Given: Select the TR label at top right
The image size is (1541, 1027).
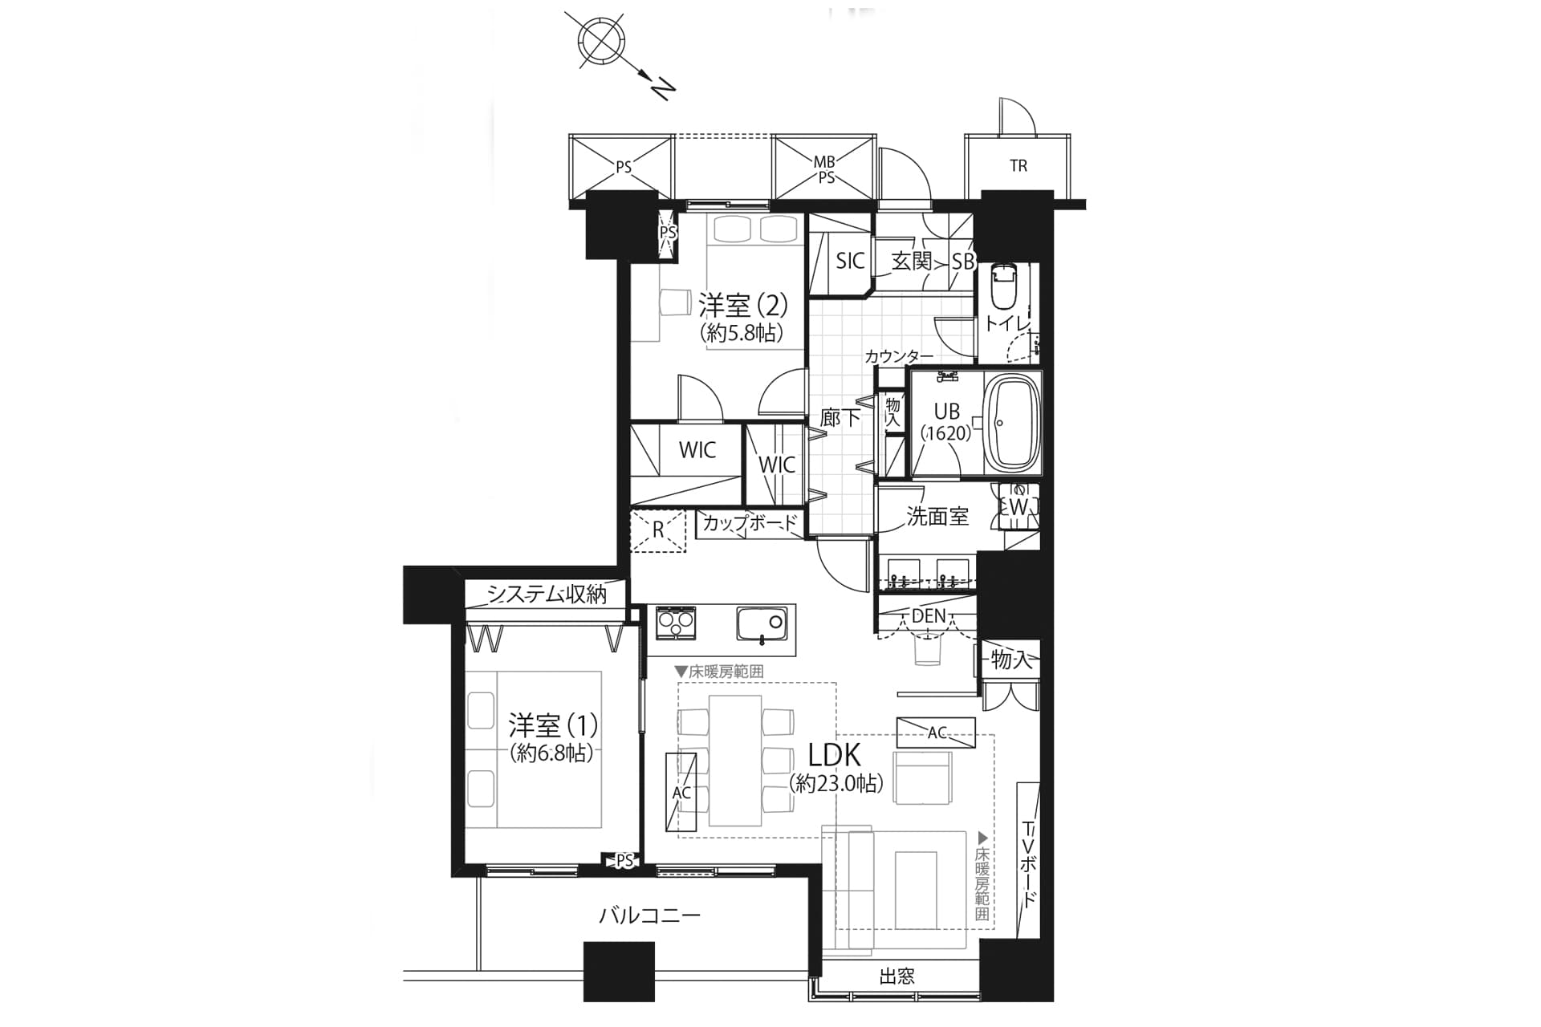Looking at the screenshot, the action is [x=1019, y=166].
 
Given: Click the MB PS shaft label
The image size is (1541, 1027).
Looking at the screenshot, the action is [x=825, y=170].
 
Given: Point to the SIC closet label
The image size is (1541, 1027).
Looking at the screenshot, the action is [x=850, y=260].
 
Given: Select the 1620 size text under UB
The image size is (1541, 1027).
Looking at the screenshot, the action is [x=946, y=433].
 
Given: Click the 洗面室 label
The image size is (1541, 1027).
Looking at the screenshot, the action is [x=937, y=517].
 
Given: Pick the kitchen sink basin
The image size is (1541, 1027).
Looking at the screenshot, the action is [x=761, y=623].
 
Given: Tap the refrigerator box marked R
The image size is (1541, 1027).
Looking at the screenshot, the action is [x=658, y=530].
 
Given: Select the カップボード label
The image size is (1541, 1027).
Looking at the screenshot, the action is [x=750, y=524].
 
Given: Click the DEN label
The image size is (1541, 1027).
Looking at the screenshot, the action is [x=929, y=616].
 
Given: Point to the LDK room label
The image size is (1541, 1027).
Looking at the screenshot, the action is [x=834, y=756].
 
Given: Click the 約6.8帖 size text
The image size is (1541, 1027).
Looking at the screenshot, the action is [x=552, y=753].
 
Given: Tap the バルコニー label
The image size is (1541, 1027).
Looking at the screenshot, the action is [x=650, y=915].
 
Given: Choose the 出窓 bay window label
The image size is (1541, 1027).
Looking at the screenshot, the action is [x=897, y=976].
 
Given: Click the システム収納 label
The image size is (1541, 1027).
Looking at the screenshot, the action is [x=547, y=594].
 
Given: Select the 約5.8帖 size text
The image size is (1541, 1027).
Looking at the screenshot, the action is [x=742, y=332].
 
